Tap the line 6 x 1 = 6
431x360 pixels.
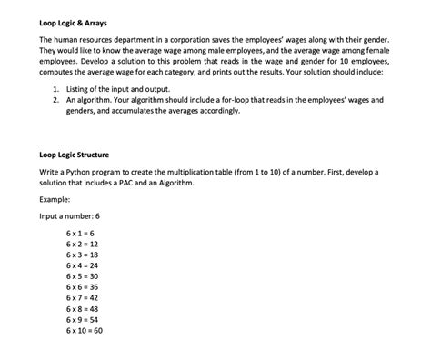81,235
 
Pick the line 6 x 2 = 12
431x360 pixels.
83,245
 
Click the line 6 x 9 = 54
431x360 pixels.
83,319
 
